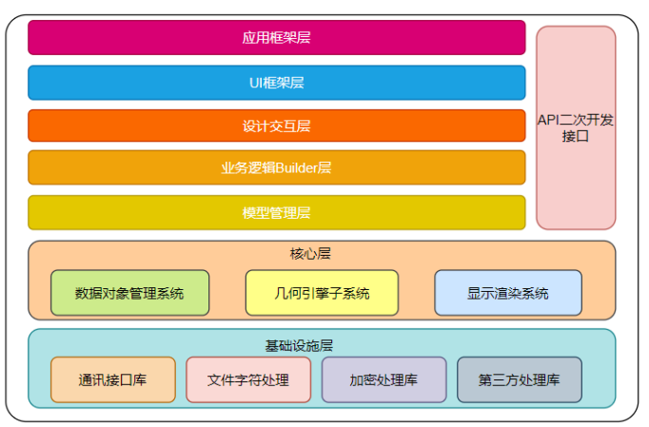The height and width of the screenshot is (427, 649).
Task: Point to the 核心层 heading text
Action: point(310,254)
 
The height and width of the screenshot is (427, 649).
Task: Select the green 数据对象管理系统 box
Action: point(129,293)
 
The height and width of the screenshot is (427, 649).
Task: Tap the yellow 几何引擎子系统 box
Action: point(322,293)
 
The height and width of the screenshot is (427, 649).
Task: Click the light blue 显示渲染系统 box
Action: point(507,293)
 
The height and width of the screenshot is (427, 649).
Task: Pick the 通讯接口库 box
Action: point(112,379)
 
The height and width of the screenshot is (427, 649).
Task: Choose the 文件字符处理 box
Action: point(248,379)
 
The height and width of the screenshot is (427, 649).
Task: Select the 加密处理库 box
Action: point(383,379)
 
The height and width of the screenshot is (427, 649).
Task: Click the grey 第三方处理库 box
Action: point(519,379)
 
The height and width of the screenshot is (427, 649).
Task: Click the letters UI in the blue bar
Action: point(256,84)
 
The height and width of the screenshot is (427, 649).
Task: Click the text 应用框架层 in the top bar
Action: point(276,38)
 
